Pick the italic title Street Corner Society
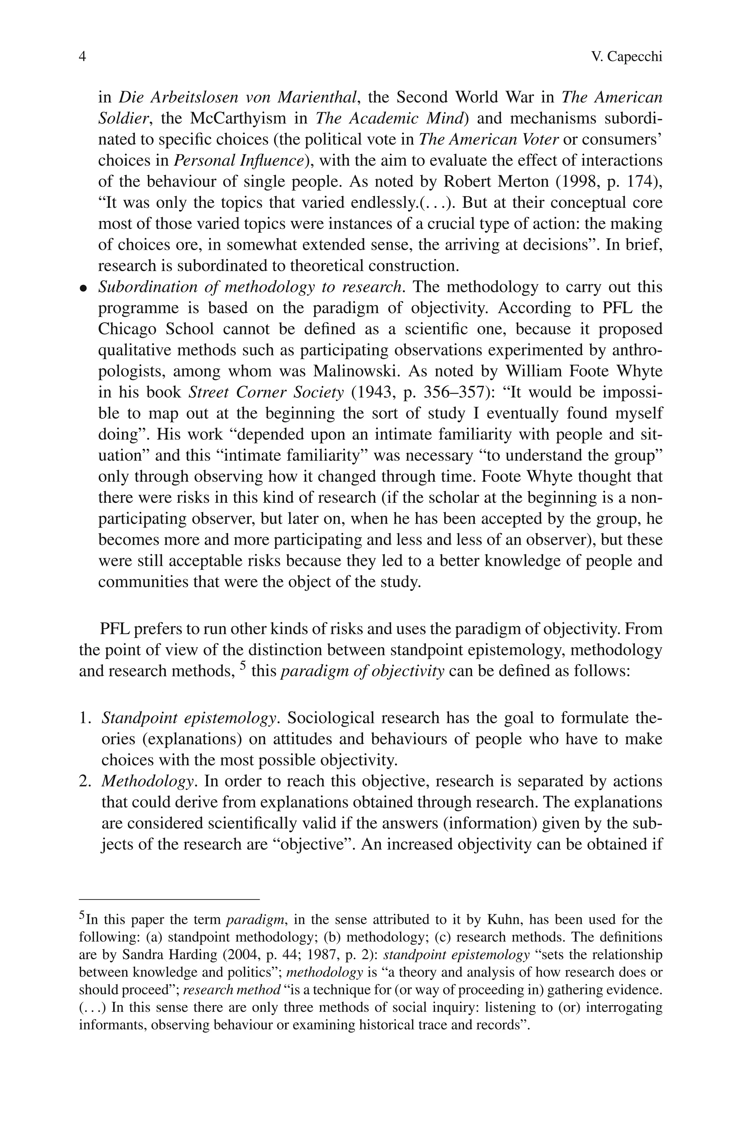[x=266, y=392]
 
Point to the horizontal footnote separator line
[x=169, y=899]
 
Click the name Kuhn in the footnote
[x=501, y=920]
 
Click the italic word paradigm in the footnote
[x=256, y=920]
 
